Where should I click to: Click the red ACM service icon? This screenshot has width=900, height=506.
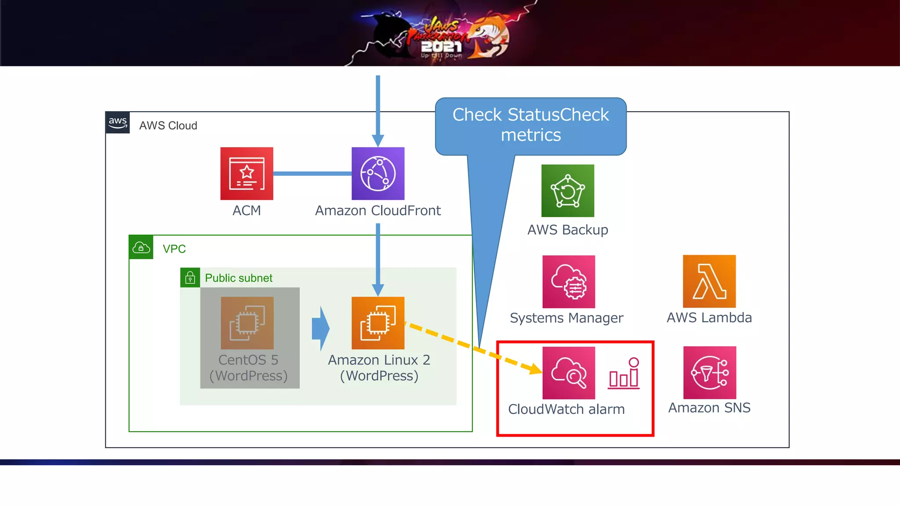pyautogui.click(x=247, y=173)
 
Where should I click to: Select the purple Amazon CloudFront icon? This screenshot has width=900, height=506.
pyautogui.click(x=378, y=173)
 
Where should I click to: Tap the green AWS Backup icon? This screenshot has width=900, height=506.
pyautogui.click(x=567, y=191)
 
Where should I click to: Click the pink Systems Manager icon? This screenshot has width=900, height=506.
pyautogui.click(x=569, y=282)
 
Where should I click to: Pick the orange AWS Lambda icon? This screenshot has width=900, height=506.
pyautogui.click(x=709, y=281)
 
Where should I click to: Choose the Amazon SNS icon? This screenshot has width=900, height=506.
pyautogui.click(x=709, y=372)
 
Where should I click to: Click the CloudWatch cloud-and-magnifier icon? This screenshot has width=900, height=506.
pyautogui.click(x=569, y=373)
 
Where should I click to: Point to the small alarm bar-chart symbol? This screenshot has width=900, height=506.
pyautogui.click(x=624, y=374)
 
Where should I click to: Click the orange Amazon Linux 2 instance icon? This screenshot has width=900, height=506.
pyautogui.click(x=378, y=323)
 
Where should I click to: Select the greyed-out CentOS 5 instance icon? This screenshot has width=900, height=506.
pyautogui.click(x=247, y=323)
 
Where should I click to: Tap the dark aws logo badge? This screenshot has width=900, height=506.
pyautogui.click(x=117, y=123)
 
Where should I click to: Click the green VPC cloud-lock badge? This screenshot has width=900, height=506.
pyautogui.click(x=141, y=247)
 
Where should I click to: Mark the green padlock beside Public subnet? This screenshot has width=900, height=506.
pyautogui.click(x=190, y=278)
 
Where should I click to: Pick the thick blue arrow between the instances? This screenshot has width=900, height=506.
pyautogui.click(x=321, y=328)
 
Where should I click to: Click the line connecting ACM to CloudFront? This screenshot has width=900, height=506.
pyautogui.click(x=312, y=173)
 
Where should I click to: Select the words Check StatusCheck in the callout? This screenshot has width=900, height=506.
pyautogui.click(x=530, y=115)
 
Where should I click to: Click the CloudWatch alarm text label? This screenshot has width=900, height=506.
pyautogui.click(x=566, y=409)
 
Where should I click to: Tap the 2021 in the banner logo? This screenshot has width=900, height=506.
pyautogui.click(x=441, y=47)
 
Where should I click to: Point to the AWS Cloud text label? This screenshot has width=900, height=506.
pyautogui.click(x=168, y=126)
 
